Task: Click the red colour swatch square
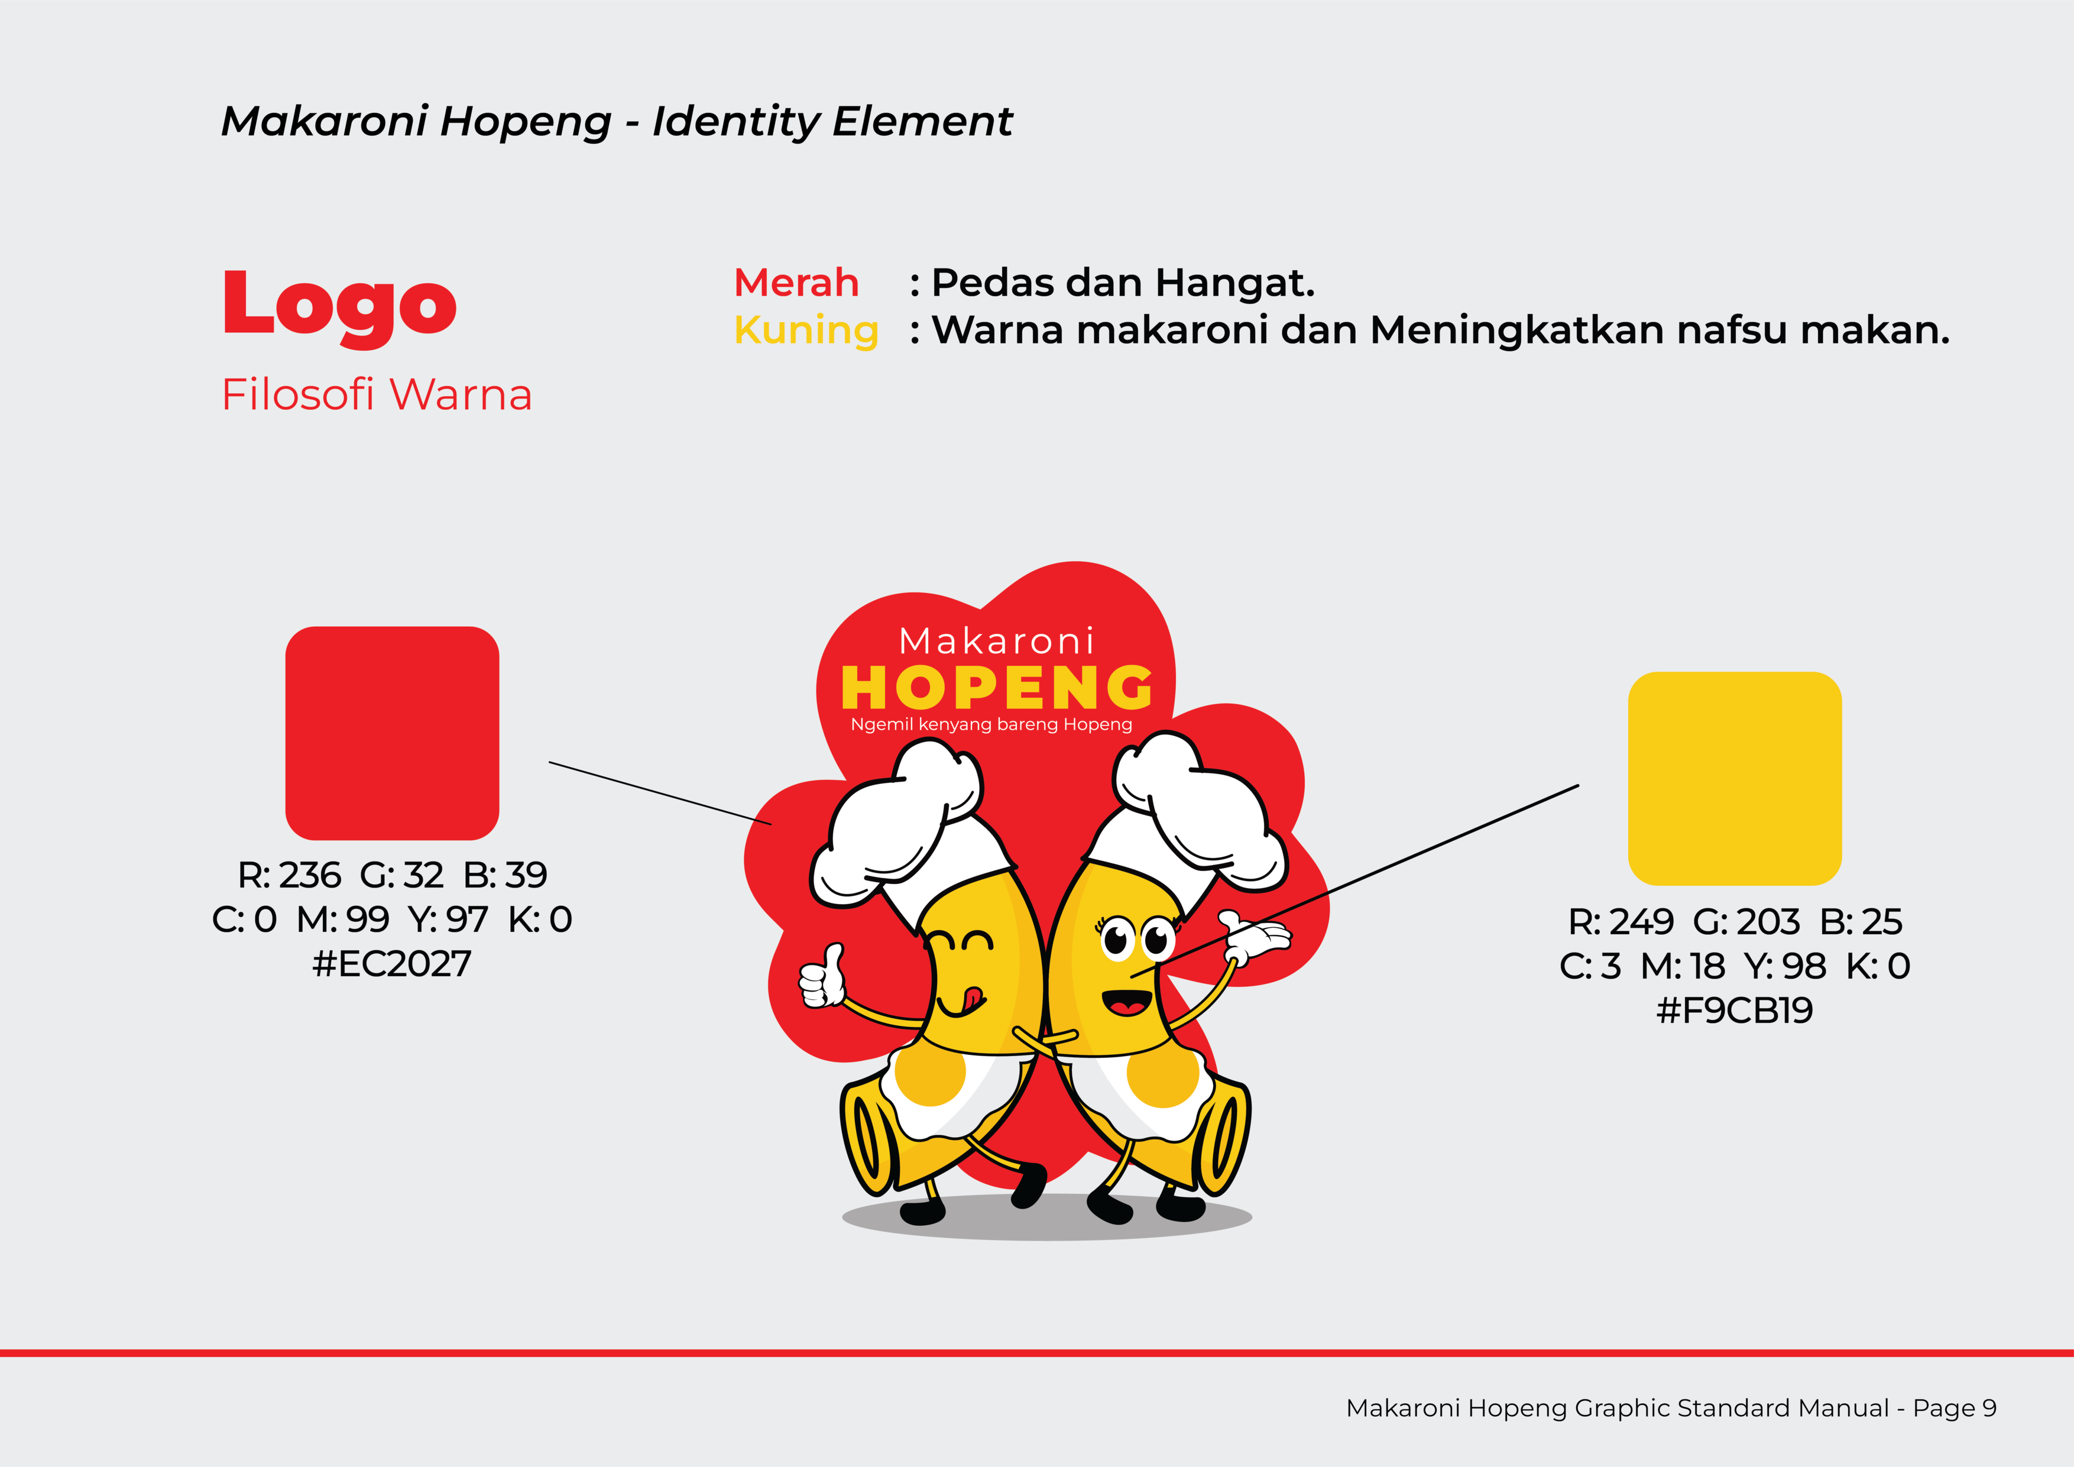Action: coord(392,733)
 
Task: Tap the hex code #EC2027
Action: coord(392,964)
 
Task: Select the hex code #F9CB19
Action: coord(1735,1010)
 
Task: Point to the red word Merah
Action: coord(796,283)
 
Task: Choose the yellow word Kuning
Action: coord(806,331)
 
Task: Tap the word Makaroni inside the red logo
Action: coord(996,640)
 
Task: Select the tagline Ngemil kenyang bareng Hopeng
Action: coord(991,724)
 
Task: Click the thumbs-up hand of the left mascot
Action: coord(822,976)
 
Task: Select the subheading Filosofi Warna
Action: coord(377,395)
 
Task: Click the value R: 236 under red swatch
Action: coord(289,875)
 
